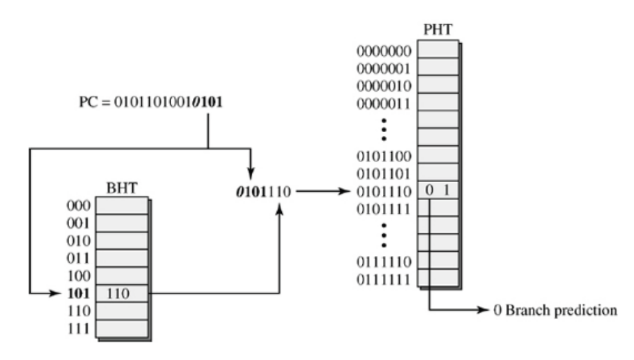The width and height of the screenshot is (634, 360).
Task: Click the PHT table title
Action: pyautogui.click(x=438, y=31)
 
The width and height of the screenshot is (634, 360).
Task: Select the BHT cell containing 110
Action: pyautogui.click(x=122, y=294)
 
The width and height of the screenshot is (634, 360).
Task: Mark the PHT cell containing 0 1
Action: pyautogui.click(x=437, y=192)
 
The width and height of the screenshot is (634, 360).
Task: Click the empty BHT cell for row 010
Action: pyautogui.click(x=122, y=241)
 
